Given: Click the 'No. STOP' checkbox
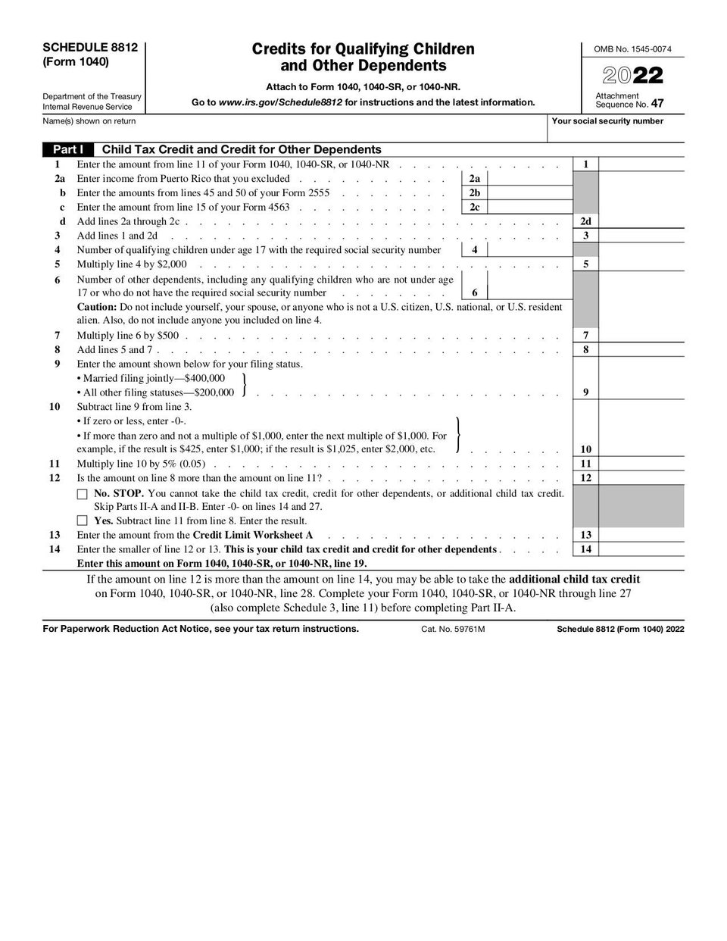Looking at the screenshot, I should [x=82, y=493].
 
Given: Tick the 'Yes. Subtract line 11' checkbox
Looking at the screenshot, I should [x=82, y=521].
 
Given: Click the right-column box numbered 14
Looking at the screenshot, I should [x=585, y=549].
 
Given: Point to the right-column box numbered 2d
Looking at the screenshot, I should [x=585, y=222].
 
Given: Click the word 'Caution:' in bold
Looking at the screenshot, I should [x=97, y=308].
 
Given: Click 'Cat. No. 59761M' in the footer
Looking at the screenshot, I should [x=453, y=630].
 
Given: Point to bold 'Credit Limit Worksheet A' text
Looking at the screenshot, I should [x=253, y=535].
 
